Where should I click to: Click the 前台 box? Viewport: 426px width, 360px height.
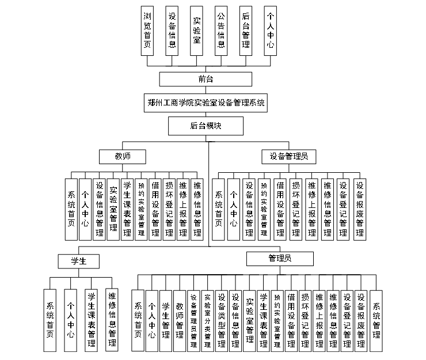(206, 79)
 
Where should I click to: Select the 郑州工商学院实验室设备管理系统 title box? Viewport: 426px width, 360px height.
(206, 104)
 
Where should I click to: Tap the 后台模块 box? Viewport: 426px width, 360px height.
(206, 126)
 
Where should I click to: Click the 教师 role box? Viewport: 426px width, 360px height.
(121, 156)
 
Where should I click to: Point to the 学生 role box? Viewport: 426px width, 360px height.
(78, 262)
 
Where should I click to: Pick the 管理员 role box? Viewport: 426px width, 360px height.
(279, 258)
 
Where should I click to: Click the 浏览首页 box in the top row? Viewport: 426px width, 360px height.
(147, 31)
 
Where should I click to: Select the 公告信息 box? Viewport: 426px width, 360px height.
(221, 31)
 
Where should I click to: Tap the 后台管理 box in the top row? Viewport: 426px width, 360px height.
(246, 31)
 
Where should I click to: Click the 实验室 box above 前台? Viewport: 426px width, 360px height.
(196, 31)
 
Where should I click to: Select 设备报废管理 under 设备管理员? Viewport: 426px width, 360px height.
(360, 208)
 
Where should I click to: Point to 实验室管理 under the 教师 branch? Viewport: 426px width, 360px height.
(113, 208)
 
